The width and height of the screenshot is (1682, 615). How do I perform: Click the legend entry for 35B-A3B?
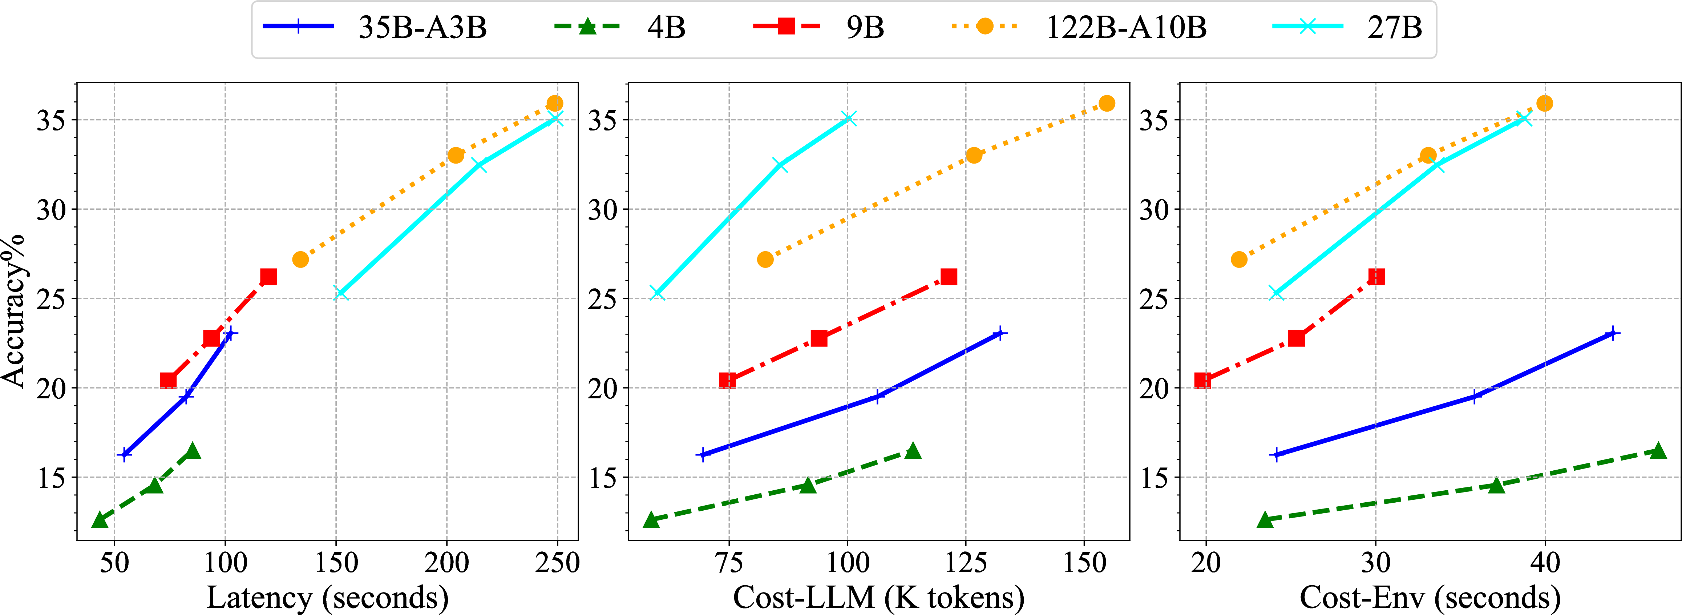pyautogui.click(x=375, y=28)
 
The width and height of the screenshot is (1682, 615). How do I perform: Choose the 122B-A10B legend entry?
pyautogui.click(x=1079, y=28)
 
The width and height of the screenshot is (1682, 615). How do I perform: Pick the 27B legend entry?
pyautogui.click(x=1347, y=28)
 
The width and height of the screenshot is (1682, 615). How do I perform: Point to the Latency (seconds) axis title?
pyautogui.click(x=327, y=597)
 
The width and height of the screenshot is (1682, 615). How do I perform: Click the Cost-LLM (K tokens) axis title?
pyautogui.click(x=878, y=597)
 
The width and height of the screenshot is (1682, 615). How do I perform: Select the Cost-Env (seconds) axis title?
pyautogui.click(x=1430, y=597)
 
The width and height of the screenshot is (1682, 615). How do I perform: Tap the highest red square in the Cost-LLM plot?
pyautogui.click(x=949, y=277)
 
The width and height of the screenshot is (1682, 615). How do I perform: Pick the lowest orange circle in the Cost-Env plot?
pyautogui.click(x=1239, y=260)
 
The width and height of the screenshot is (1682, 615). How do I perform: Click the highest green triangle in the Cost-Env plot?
pyautogui.click(x=1658, y=450)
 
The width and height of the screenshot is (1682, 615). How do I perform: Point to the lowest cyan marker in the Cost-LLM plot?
pyautogui.click(x=657, y=293)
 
